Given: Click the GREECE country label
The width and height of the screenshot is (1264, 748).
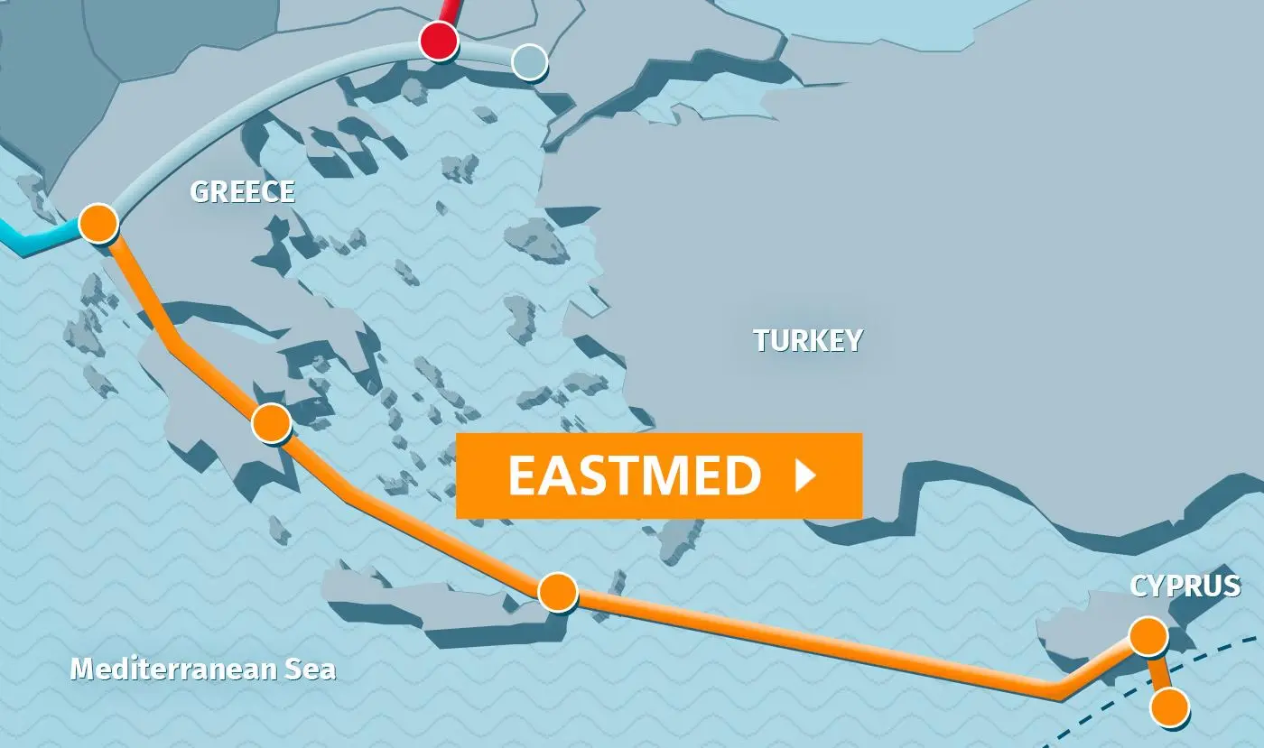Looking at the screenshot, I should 242,191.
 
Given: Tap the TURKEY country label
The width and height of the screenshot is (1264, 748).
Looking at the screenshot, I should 808,340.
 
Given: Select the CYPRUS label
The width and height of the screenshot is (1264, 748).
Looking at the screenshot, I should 1185,586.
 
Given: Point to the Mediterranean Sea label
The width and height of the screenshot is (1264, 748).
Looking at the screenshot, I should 203,669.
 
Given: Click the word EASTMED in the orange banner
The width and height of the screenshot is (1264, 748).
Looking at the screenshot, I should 634,476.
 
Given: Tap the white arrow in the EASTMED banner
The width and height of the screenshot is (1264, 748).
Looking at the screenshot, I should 804,476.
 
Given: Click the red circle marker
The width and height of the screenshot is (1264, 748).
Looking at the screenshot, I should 440,41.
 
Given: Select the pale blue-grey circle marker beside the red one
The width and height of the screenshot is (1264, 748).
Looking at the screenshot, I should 529,62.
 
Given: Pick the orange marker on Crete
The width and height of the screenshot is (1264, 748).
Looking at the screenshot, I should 557,592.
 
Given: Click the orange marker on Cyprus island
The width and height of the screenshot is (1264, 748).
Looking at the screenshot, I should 1148,636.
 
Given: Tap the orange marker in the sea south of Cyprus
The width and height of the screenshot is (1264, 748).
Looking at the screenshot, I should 1170,706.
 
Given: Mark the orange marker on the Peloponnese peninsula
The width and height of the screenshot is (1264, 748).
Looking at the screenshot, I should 272,422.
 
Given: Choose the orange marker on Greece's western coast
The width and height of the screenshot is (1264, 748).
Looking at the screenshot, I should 98,222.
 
